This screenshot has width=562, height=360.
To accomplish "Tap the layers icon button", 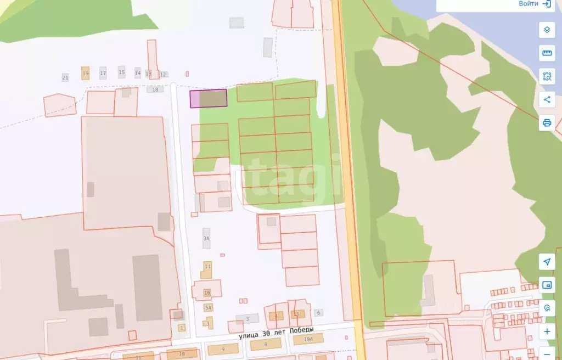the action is (547, 30).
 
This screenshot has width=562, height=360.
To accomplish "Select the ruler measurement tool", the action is (547, 53).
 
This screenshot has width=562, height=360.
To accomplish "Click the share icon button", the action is (547, 99).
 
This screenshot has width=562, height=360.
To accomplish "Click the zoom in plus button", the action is (547, 331).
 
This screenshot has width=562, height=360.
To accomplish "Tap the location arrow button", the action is (547, 261).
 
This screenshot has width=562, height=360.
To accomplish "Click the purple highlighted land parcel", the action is (208, 99).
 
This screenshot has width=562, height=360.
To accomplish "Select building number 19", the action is (85, 74).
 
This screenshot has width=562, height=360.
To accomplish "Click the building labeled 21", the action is (65, 78).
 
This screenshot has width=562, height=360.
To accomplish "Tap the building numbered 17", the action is (103, 73).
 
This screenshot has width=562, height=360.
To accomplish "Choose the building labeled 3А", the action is (206, 238).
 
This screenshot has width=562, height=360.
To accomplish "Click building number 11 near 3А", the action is (207, 267).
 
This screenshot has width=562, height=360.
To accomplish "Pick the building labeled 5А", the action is (208, 308).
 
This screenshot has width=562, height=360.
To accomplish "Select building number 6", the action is (318, 313).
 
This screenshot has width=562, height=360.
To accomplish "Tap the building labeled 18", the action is (155, 89).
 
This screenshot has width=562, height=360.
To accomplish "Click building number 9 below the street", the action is (223, 349).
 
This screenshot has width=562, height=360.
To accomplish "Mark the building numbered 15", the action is (121, 72).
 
